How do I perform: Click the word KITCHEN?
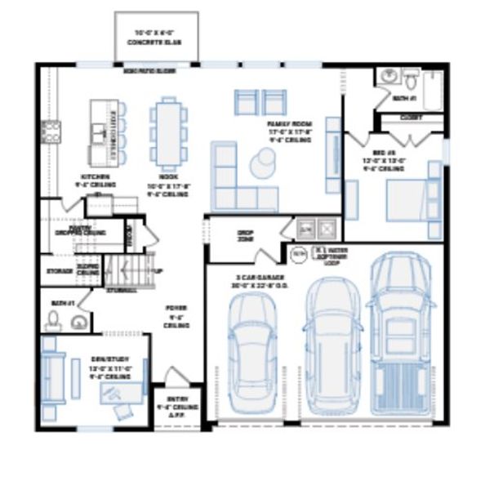pos(90,176)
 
